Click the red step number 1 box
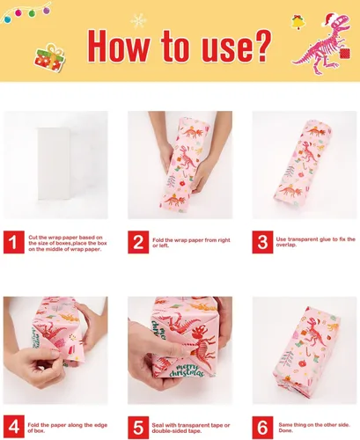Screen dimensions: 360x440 click(14, 242)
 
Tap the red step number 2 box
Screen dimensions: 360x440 click(138, 242)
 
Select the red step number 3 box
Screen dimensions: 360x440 click(262, 242)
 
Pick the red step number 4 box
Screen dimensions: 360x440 click(14, 427)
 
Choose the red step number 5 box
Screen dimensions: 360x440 click(138, 428)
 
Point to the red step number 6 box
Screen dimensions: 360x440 click(262, 428)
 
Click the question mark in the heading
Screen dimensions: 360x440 click(261, 46)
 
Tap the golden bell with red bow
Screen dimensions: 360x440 click(298, 22)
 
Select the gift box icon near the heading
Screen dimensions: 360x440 click(49, 58)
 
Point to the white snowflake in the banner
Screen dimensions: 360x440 click(138, 21)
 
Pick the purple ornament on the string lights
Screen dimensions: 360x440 click(47, 11)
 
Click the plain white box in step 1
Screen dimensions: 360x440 click(54, 164)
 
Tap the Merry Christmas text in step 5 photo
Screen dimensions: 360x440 click(186, 371)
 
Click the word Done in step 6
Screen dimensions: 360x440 click(285, 430)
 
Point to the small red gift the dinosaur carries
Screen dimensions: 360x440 click(345, 54)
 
